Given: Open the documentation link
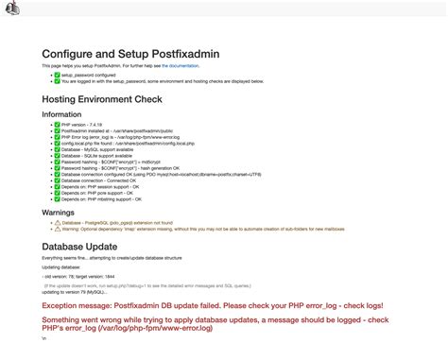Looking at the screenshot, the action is [181, 66].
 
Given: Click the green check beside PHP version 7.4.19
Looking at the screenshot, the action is [57, 125].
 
